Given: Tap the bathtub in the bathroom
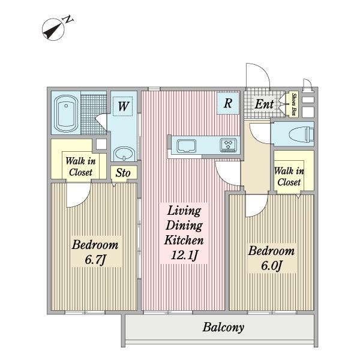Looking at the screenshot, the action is click(66, 113).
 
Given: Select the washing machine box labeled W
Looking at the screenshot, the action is click(123, 106).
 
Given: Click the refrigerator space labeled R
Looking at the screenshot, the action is click(228, 103).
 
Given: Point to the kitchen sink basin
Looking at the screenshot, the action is click(187, 146).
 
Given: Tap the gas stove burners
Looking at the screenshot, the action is click(228, 145).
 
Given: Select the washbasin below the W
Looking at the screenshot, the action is click(124, 154).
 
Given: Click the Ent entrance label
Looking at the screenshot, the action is click(264, 104).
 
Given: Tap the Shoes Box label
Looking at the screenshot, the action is click(294, 104).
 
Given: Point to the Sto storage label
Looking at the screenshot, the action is click(123, 173).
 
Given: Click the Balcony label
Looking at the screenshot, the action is click(223, 327).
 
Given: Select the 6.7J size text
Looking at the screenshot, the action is click(95, 260).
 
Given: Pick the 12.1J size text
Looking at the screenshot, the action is click(184, 255).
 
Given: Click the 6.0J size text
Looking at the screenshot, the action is click(271, 266).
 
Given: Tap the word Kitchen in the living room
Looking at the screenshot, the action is click(184, 240).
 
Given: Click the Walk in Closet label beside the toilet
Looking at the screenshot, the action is click(289, 176).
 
